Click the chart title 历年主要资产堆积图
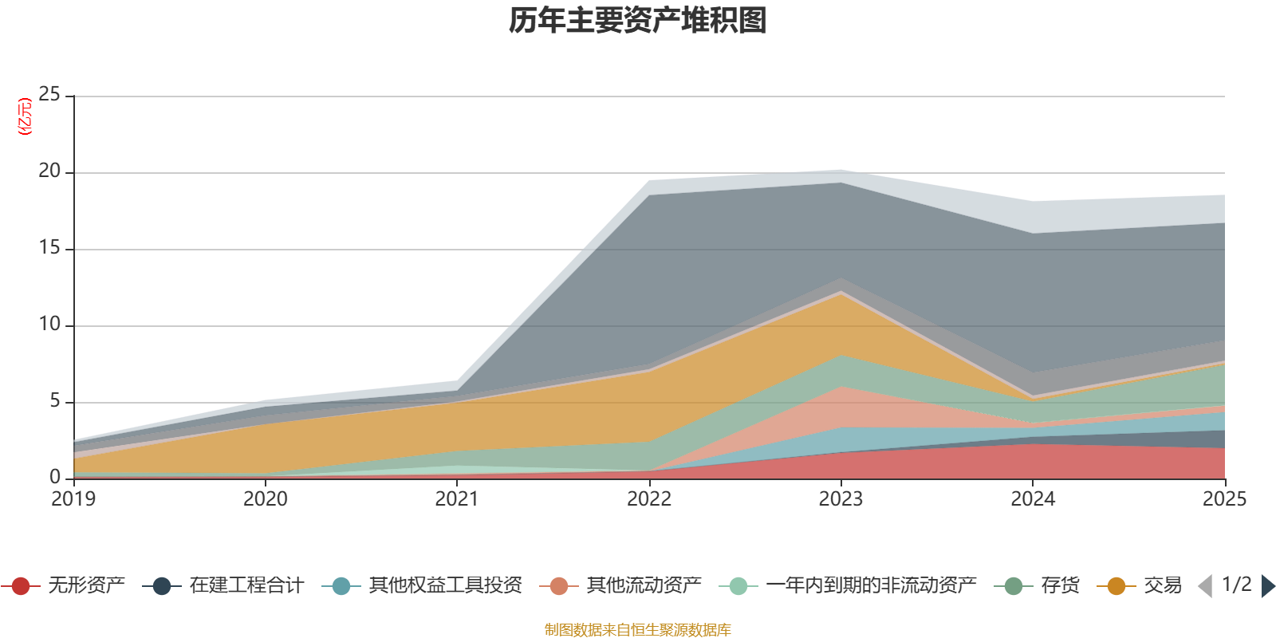click(637, 21)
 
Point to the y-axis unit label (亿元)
click(25, 116)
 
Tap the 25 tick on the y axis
click(49, 95)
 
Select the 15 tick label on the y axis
click(49, 248)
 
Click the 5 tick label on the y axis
click(55, 401)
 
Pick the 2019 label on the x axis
click(73, 499)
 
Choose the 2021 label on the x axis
click(457, 499)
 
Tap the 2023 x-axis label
click(841, 499)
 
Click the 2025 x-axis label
click(1225, 499)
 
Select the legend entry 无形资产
click(64, 585)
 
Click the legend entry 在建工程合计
click(223, 585)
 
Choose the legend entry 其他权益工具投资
click(422, 585)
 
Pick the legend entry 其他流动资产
click(620, 585)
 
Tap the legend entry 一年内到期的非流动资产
click(848, 585)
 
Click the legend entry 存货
click(1037, 585)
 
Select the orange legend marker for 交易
click(1116, 586)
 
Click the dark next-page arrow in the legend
click(1268, 586)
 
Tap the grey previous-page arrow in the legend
click(1205, 586)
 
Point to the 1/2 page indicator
click(1237, 585)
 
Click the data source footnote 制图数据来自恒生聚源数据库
click(637, 629)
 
